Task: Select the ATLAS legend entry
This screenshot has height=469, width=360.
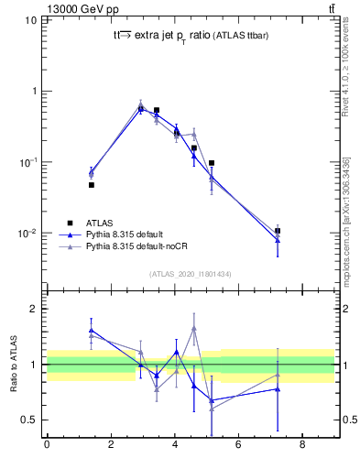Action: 100,223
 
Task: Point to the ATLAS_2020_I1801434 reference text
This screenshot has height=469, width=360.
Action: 190,274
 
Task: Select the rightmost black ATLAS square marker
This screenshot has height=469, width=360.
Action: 278,231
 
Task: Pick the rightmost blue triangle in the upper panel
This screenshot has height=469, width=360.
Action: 278,240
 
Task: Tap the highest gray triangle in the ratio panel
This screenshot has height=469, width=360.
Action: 194,328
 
